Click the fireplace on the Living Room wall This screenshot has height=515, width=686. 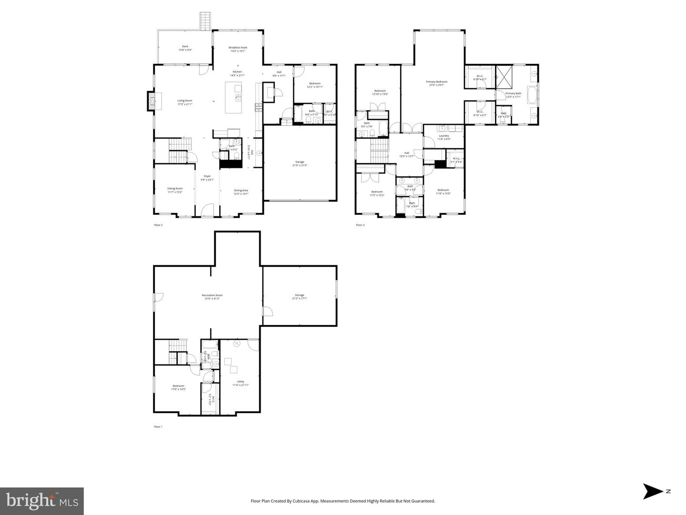click(x=151, y=101)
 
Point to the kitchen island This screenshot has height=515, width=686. click(x=233, y=98)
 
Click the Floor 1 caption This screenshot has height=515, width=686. click(x=158, y=427)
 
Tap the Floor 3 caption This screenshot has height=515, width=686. click(x=360, y=225)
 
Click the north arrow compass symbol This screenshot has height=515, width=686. click(x=651, y=491)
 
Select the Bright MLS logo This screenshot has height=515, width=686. click(x=42, y=501)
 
